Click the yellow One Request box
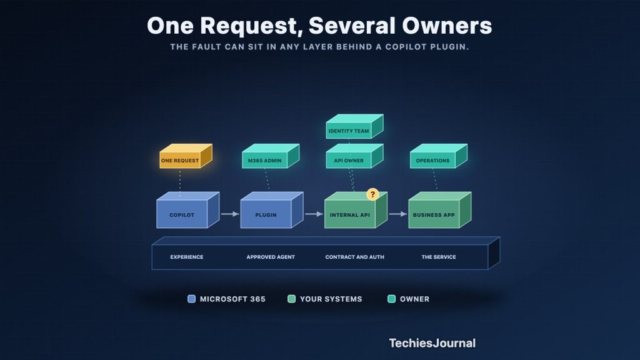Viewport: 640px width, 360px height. (186, 156)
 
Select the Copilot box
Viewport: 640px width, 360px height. (187, 210)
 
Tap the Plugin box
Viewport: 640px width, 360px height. (272, 210)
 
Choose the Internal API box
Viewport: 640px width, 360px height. (356, 210)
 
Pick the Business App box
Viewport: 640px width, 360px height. (440, 210)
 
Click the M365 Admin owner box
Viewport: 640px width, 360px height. (271, 156)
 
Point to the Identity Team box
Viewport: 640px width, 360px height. (355, 126)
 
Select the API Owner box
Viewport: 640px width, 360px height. (355, 156)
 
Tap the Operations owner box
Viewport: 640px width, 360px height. (439, 156)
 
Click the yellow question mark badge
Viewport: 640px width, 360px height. (372, 194)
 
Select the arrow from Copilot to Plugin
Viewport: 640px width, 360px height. (230, 214)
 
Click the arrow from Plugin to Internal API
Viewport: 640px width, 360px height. (314, 214)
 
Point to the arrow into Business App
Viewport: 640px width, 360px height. (398, 214)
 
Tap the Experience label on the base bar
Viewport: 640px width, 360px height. (186, 257)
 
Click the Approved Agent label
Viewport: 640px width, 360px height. (271, 257)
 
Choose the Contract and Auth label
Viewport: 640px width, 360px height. (355, 257)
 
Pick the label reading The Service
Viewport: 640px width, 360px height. (439, 257)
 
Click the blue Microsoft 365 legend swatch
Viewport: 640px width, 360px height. (191, 299)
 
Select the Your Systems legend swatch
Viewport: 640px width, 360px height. (291, 299)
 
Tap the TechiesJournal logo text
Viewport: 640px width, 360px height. (432, 343)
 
